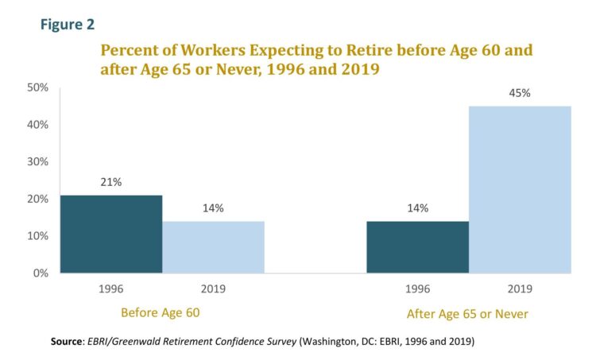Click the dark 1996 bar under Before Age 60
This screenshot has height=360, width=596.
[x=111, y=234]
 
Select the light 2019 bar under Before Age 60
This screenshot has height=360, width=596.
[x=213, y=246]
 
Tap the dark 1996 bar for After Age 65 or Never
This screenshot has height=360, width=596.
[x=417, y=246]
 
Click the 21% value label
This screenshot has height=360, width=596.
[x=111, y=182]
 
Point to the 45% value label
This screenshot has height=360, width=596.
[x=520, y=93]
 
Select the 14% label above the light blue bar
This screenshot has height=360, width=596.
[x=213, y=208]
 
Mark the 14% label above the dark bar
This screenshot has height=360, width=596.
[x=417, y=208]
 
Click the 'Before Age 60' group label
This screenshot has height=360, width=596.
[x=159, y=312]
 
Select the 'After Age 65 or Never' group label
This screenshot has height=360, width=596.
[x=467, y=314]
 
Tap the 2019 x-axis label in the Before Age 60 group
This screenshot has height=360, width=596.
[x=213, y=289]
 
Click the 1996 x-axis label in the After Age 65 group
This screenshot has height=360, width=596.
[x=417, y=289]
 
